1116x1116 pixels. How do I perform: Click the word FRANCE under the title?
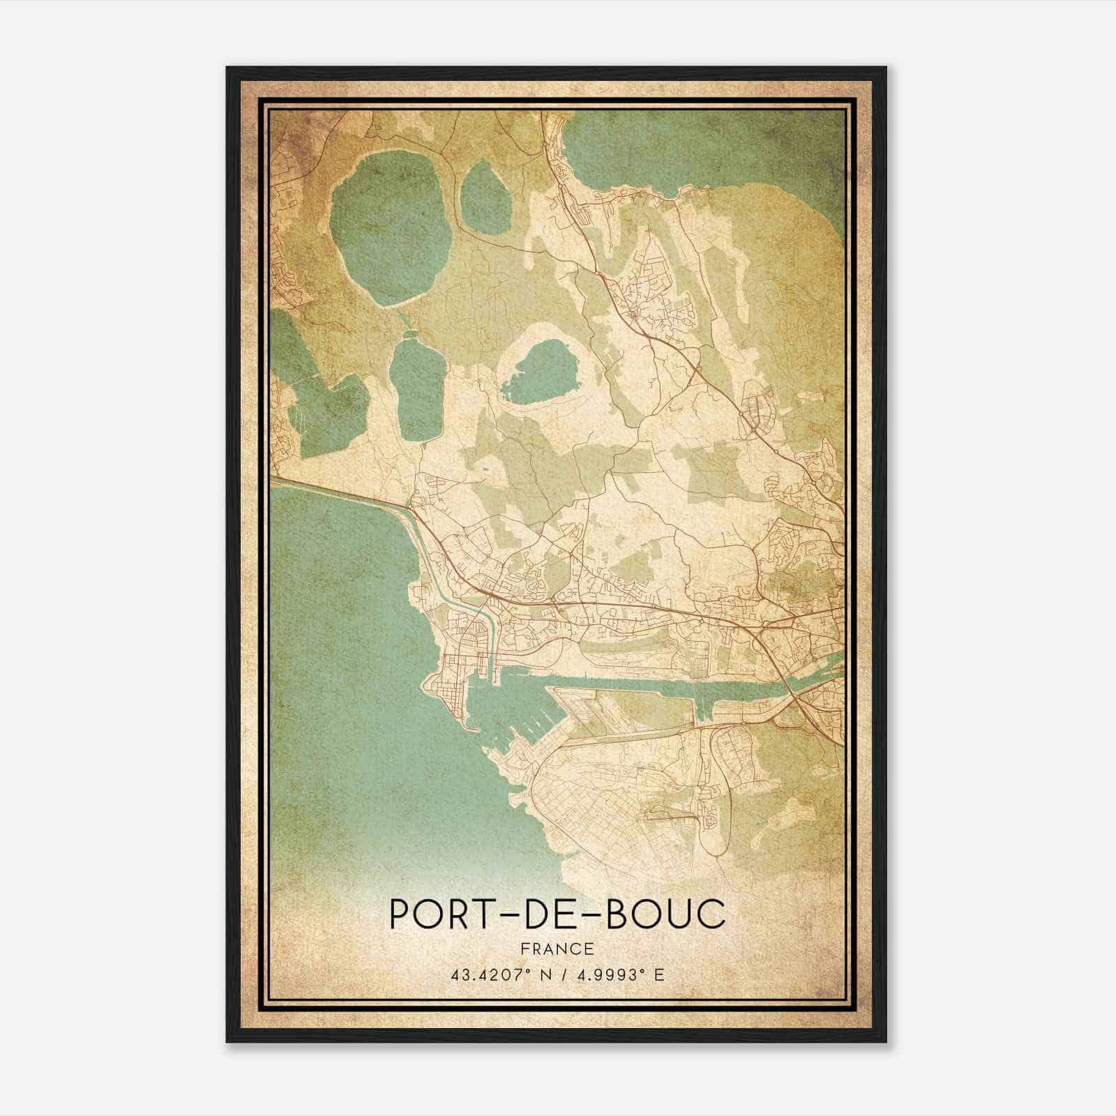(x=556, y=949)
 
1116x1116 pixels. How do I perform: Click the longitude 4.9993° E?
(x=618, y=974)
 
